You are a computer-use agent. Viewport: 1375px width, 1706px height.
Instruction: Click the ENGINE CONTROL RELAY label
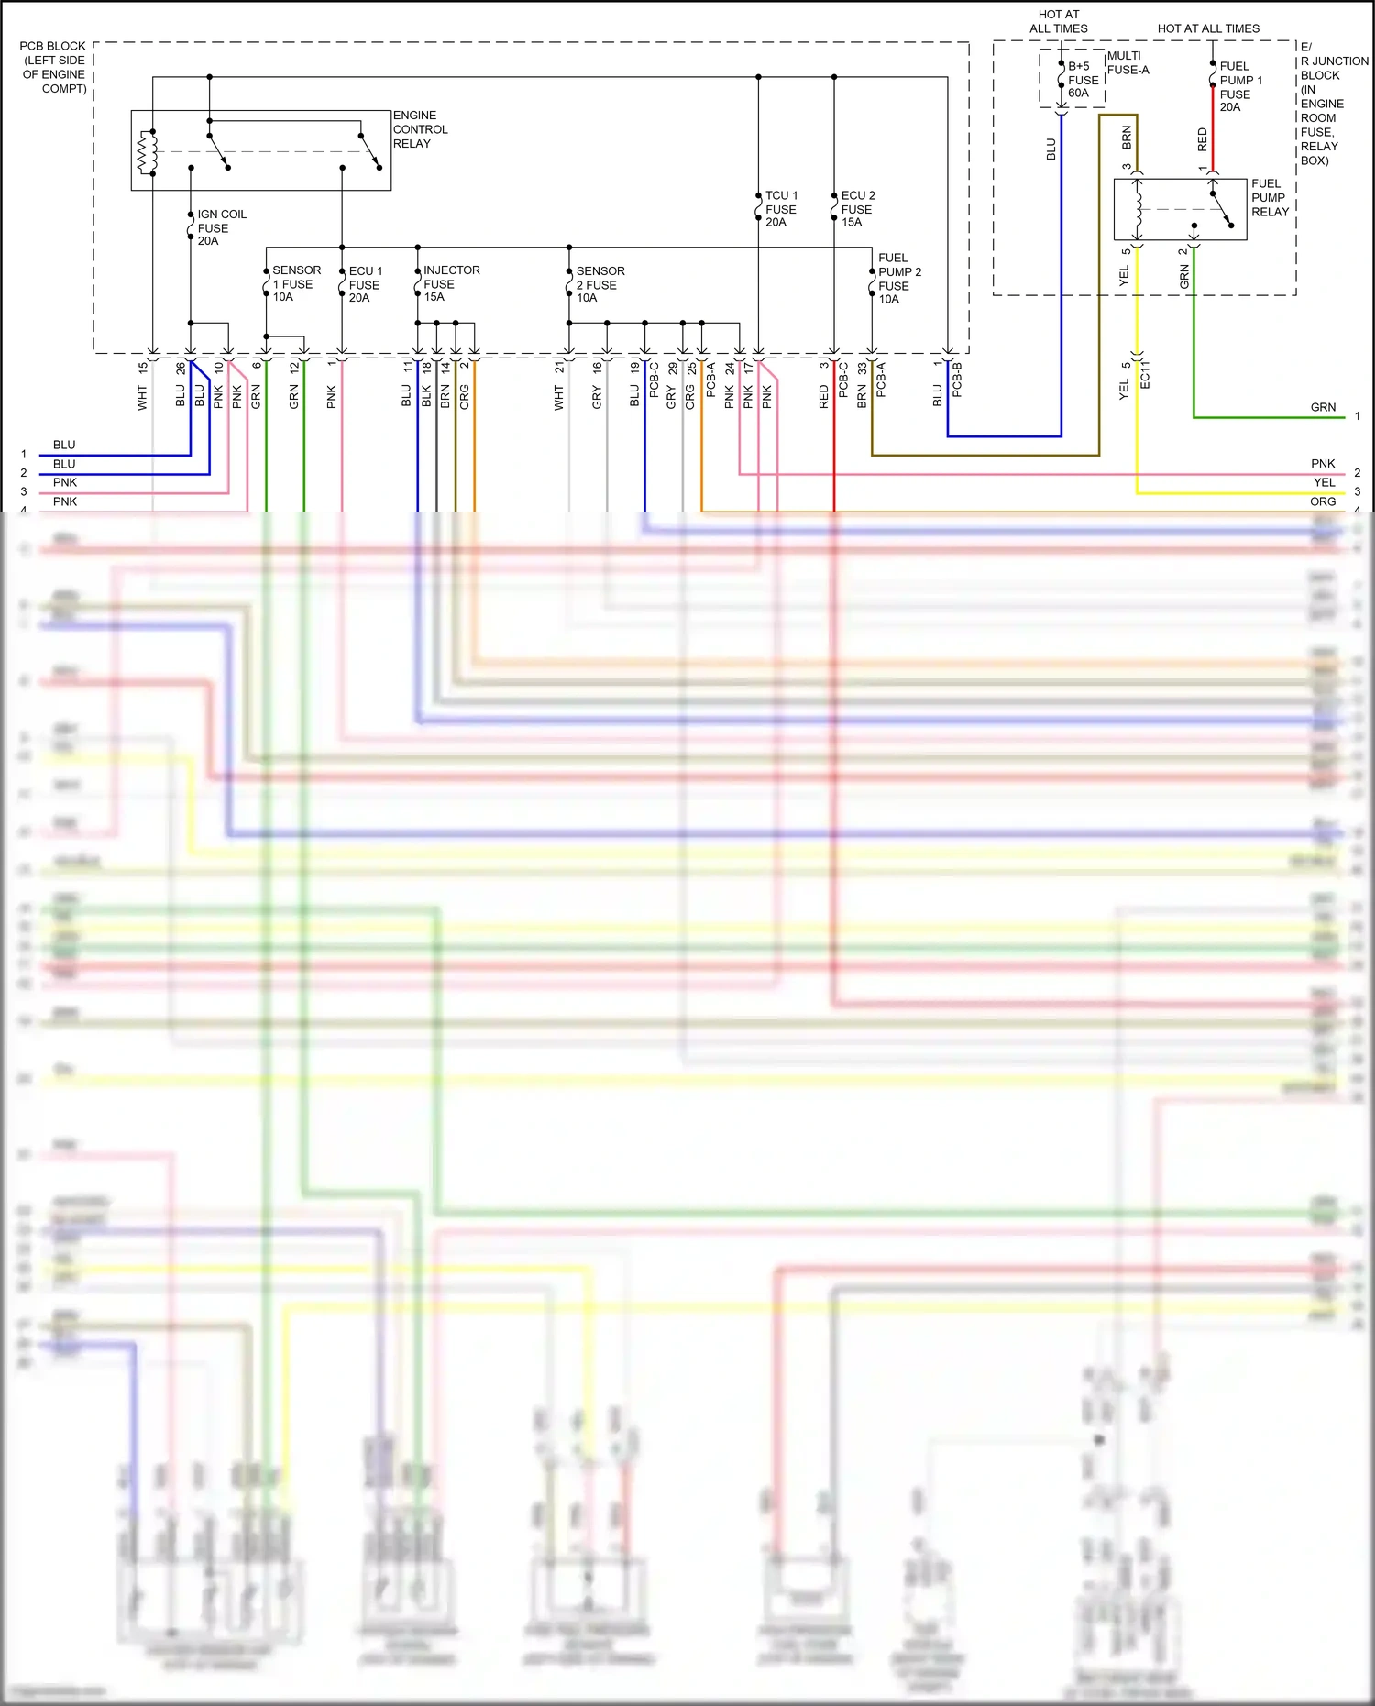pyautogui.click(x=420, y=129)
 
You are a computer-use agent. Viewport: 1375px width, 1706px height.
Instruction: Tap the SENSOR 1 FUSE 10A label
pyautogui.click(x=295, y=283)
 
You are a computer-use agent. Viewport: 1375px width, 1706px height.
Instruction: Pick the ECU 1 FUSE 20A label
pyautogui.click(x=365, y=284)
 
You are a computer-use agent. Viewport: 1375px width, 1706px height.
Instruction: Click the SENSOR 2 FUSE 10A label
pyautogui.click(x=599, y=284)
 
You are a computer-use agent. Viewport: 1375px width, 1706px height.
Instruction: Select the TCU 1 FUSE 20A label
pyautogui.click(x=781, y=209)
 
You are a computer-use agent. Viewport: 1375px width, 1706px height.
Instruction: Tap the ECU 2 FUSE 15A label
pyautogui.click(x=857, y=209)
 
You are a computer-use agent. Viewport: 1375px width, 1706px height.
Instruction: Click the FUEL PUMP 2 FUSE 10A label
pyautogui.click(x=898, y=279)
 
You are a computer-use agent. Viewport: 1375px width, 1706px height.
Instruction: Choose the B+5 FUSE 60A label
pyautogui.click(x=1082, y=80)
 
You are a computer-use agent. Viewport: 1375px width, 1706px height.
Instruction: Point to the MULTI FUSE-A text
pyautogui.click(x=1127, y=62)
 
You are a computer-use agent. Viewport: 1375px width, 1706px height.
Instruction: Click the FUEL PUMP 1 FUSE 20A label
pyautogui.click(x=1239, y=87)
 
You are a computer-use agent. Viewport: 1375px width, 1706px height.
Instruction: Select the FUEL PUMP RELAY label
pyautogui.click(x=1270, y=197)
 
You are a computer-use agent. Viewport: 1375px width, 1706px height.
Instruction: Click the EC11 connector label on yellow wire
pyautogui.click(x=1145, y=374)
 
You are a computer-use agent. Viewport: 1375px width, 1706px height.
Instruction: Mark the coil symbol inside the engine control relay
pyautogui.click(x=146, y=152)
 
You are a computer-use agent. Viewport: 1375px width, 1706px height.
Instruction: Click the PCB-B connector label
pyautogui.click(x=957, y=380)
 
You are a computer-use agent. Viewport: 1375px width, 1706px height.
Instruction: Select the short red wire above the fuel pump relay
pyautogui.click(x=1213, y=142)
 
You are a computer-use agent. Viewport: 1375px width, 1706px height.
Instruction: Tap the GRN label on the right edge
pyautogui.click(x=1323, y=407)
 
